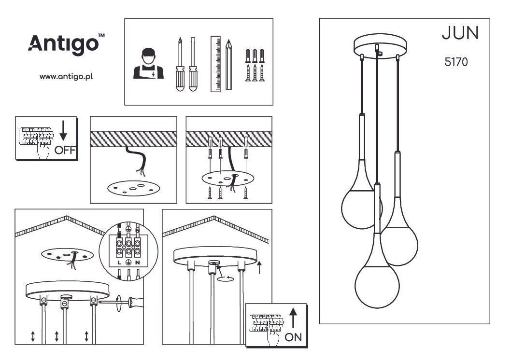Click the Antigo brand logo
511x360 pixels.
[x=67, y=44]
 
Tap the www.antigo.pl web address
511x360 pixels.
[x=66, y=77]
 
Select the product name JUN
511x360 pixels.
[x=460, y=33]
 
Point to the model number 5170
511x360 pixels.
[x=456, y=62]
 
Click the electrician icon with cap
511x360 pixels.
[x=148, y=64]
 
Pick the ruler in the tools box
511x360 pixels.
[x=215, y=64]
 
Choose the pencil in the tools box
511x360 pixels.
[x=229, y=65]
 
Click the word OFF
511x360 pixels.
[x=65, y=150]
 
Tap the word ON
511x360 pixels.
[x=293, y=337]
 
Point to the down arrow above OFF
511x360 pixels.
[x=63, y=130]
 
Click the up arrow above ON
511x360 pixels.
[x=293, y=318]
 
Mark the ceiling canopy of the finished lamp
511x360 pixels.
[x=380, y=46]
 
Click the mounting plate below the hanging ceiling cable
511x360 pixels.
[x=134, y=189]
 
